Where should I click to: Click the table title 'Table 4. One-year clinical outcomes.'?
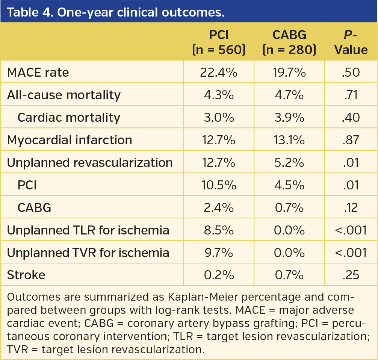click(116, 12)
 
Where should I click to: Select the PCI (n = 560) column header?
click(219, 42)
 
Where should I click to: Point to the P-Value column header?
click(351, 42)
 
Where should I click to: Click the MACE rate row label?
click(38, 72)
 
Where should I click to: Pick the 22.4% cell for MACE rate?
click(219, 72)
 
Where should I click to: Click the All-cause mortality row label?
click(64, 95)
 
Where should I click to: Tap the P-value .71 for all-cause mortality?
click(351, 95)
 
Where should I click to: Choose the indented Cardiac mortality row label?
click(69, 117)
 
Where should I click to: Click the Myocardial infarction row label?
click(70, 140)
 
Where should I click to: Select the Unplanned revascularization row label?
click(90, 162)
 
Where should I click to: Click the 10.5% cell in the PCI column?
click(219, 185)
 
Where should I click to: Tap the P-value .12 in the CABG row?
click(351, 207)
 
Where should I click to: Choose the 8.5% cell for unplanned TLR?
click(219, 230)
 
